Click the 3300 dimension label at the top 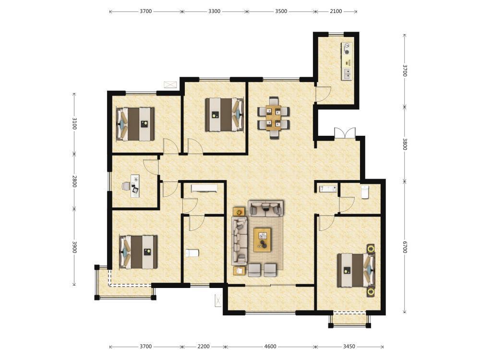[x=214, y=12]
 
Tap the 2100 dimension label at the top [x=336, y=12]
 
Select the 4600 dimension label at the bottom [x=270, y=347]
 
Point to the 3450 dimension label [x=349, y=347]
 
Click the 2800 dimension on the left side [x=74, y=181]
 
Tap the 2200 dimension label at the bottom [x=204, y=347]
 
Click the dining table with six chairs [x=274, y=118]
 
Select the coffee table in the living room [x=263, y=240]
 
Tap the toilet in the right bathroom [x=364, y=192]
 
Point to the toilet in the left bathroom [x=192, y=253]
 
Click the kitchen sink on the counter [x=347, y=74]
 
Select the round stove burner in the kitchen [x=347, y=52]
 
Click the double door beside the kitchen [x=345, y=133]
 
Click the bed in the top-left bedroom [x=135, y=124]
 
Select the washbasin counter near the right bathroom [x=328, y=189]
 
